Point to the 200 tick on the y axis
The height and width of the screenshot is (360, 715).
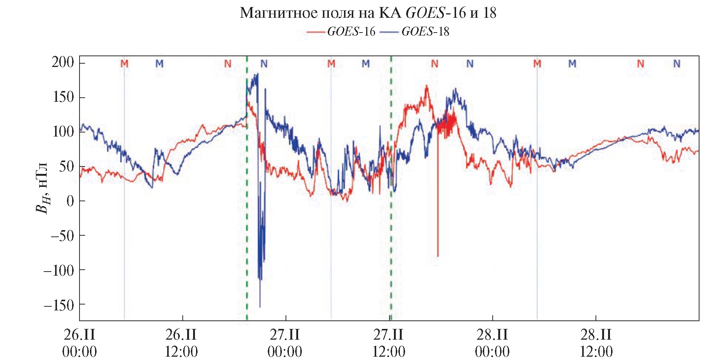pyautogui.click(x=63, y=62)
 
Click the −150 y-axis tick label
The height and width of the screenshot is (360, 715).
pyautogui.click(x=59, y=305)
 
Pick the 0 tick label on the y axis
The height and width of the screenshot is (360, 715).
pyautogui.click(x=70, y=201)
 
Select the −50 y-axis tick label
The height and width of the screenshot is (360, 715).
pyautogui.click(x=62, y=236)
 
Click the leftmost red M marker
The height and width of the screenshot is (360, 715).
pyautogui.click(x=124, y=64)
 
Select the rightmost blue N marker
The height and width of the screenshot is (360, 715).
pyautogui.click(x=677, y=64)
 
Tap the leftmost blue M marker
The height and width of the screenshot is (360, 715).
pyautogui.click(x=159, y=64)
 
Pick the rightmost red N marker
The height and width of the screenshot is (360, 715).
pyautogui.click(x=640, y=64)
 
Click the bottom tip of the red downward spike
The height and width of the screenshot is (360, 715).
pyautogui.click(x=438, y=256)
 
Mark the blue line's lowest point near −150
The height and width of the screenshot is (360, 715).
pyautogui.click(x=260, y=307)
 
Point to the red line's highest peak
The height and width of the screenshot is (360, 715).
pyautogui.click(x=427, y=86)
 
